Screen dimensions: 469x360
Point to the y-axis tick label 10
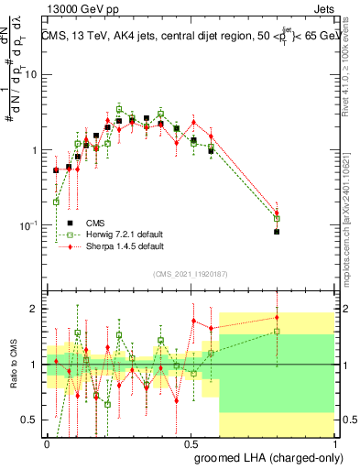pyautogui.click(x=31, y=75)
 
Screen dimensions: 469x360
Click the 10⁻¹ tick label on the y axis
pyautogui.click(x=29, y=225)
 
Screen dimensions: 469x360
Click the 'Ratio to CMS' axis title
pyautogui.click(x=12, y=365)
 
